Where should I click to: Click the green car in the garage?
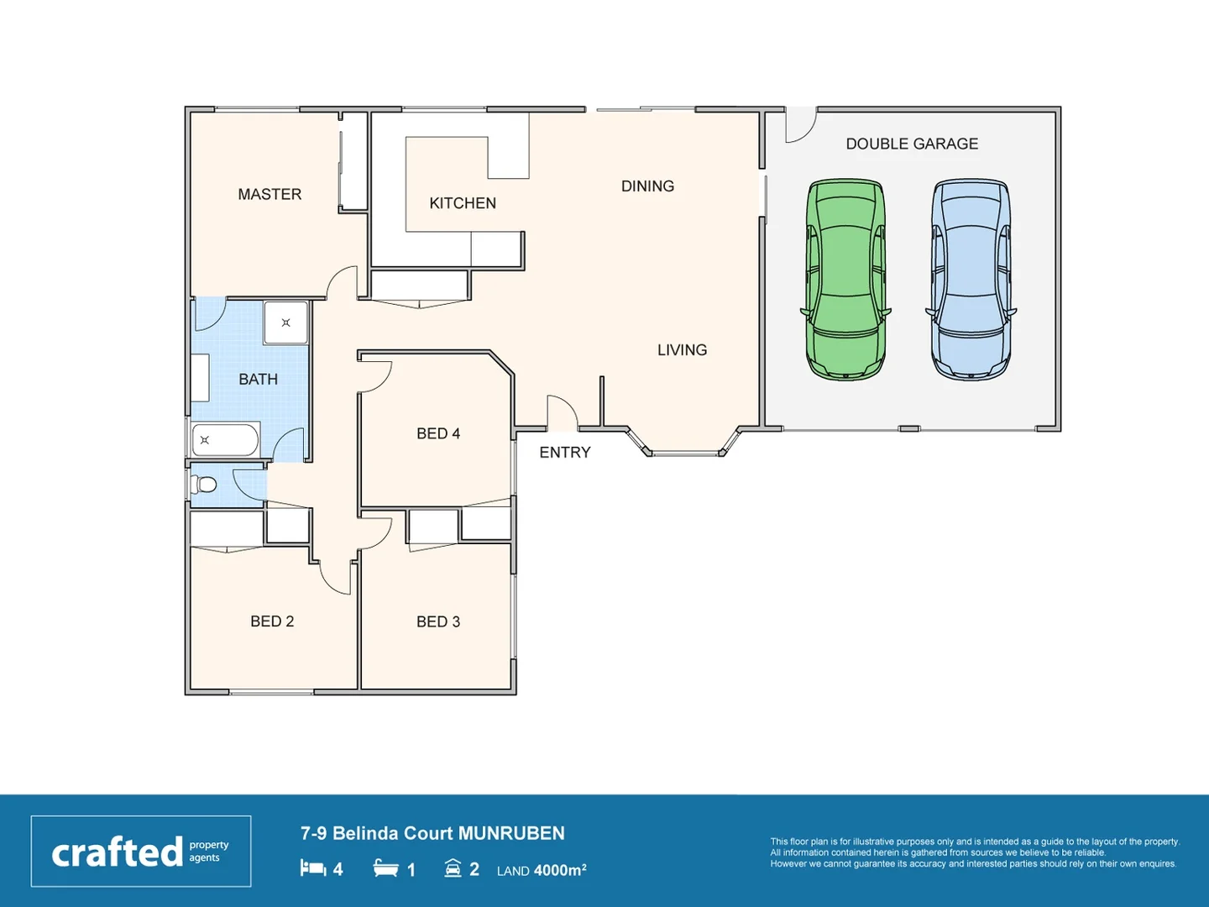pos(845,280)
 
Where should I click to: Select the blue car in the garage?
pos(971,280)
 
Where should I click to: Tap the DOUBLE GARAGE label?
pos(912,144)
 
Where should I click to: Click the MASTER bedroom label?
pos(270,194)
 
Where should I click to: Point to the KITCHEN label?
pos(463,203)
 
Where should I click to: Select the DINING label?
pos(647,186)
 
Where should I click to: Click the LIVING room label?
pos(682,349)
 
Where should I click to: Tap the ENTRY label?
pos(565,453)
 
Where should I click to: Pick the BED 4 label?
pos(438,433)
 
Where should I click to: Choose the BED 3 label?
pos(438,621)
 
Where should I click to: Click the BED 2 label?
pos(272,621)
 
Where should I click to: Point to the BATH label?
pos(258,379)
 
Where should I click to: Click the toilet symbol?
pos(204,485)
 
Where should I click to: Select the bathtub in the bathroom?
pos(225,439)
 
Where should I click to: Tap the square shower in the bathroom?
pos(286,322)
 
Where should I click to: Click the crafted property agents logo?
pos(141,852)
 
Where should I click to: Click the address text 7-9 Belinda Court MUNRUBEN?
pos(432,833)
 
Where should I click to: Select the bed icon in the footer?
pos(313,868)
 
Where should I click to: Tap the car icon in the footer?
pos(453,868)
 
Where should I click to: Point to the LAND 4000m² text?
pos(542,870)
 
